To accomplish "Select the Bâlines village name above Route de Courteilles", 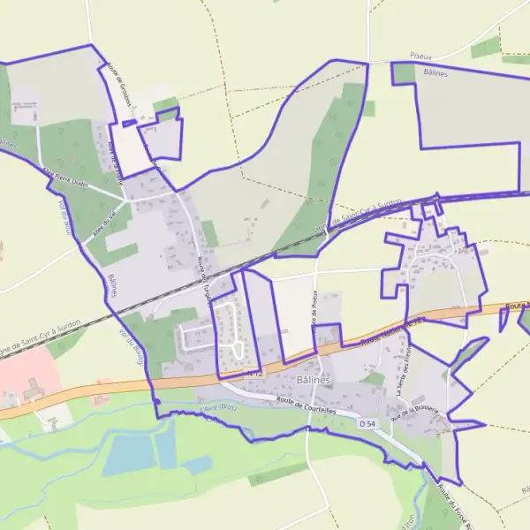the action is tap(314, 378).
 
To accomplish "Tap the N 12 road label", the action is tap(254, 375).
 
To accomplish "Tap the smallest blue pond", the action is tap(197, 464).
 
